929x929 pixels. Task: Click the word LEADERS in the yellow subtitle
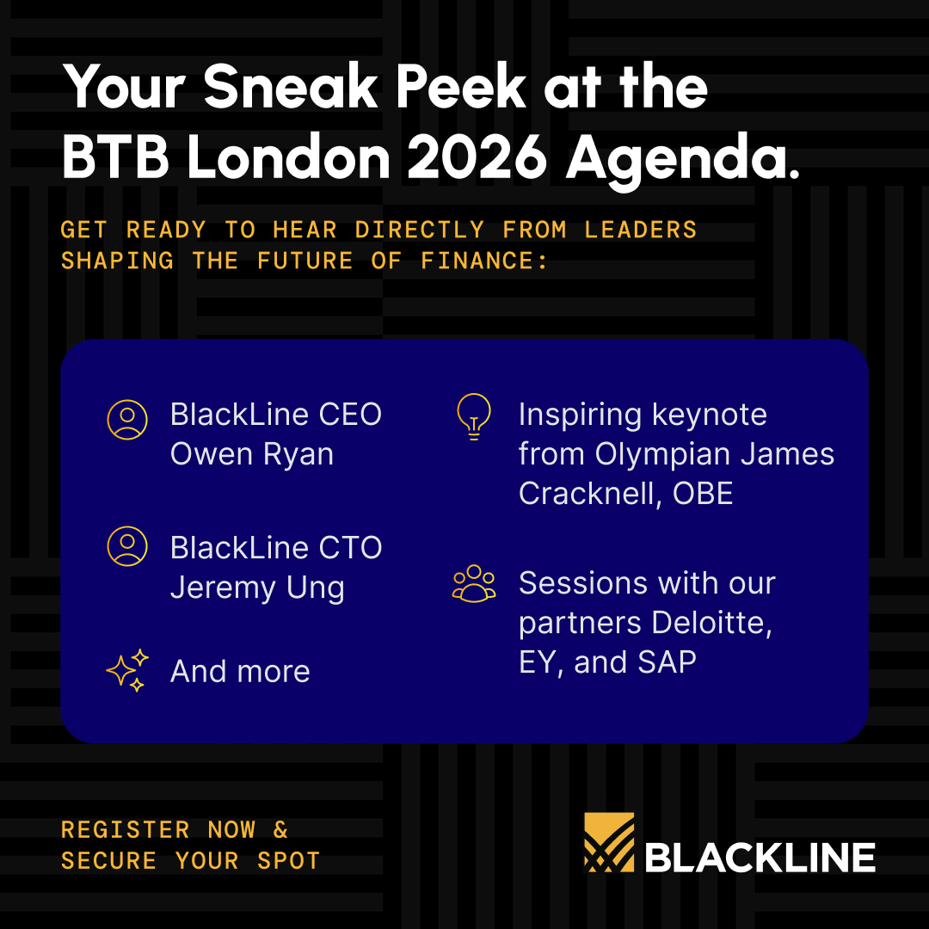(641, 230)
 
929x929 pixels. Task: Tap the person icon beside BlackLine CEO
(127, 419)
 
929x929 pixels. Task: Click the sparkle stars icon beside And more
(127, 671)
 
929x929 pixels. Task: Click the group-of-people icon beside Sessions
(474, 583)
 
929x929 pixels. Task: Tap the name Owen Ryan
(251, 453)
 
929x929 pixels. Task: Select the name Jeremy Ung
(257, 588)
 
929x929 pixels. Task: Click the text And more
(240, 671)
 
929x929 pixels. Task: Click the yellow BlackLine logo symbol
(609, 842)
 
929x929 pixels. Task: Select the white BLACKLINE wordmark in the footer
(760, 857)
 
